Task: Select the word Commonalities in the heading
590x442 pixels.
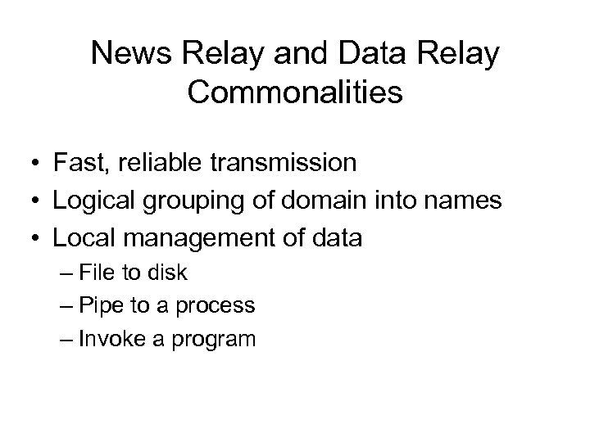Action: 295,92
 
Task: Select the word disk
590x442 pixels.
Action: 168,273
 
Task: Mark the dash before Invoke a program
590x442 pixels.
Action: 66,338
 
